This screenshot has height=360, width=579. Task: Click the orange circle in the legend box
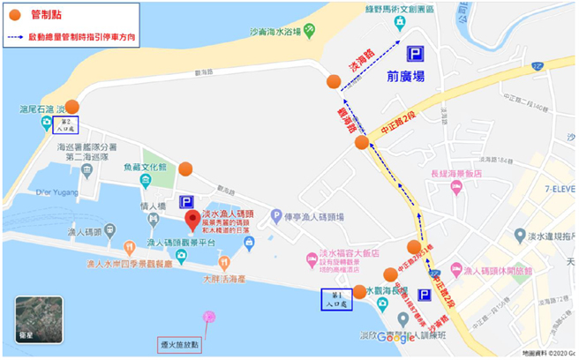tap(14, 15)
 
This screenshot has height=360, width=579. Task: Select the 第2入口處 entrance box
tap(64, 124)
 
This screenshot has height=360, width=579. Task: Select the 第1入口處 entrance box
tap(335, 300)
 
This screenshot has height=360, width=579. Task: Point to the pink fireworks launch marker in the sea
tap(209, 316)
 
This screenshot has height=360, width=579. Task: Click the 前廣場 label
tap(405, 77)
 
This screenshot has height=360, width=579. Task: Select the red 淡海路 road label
tap(357, 61)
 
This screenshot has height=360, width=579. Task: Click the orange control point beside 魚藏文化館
tap(185, 169)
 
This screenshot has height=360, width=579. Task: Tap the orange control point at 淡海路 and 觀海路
tap(333, 82)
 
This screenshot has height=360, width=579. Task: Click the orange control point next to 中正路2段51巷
tap(414, 247)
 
